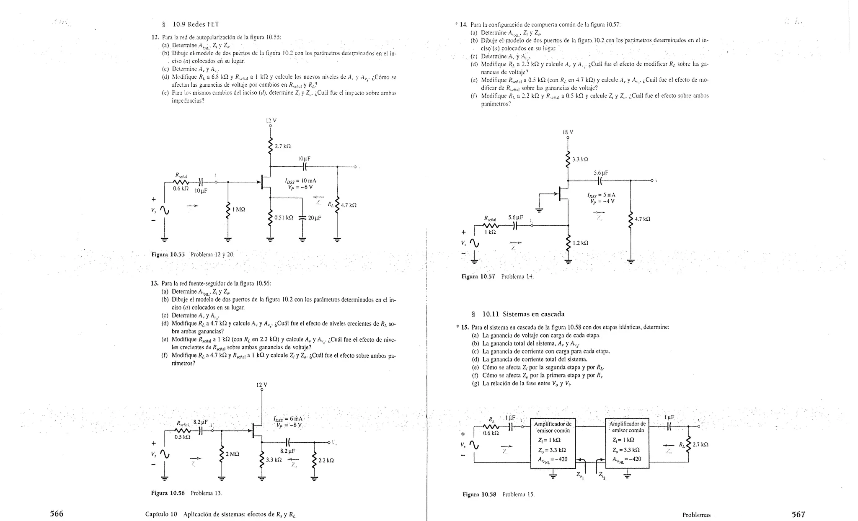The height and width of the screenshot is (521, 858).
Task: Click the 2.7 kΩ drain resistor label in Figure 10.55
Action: [x=283, y=147]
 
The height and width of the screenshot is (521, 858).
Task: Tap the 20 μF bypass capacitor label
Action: [x=314, y=218]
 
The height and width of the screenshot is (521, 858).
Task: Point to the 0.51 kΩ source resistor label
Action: [x=284, y=218]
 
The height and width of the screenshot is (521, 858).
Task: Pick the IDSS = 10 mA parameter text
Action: [x=300, y=181]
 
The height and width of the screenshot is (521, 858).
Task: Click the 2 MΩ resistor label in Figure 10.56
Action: [x=232, y=454]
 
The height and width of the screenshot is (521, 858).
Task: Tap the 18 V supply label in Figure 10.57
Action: [x=568, y=132]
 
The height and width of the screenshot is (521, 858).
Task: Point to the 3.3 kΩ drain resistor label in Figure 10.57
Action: [x=580, y=160]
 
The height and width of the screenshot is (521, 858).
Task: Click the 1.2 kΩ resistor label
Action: [x=580, y=243]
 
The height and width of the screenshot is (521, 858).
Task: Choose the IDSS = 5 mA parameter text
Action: [x=601, y=195]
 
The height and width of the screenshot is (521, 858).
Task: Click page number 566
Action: [x=57, y=514]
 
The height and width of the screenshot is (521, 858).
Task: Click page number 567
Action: [x=798, y=514]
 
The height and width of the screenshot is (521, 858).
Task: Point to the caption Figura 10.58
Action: [x=479, y=495]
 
